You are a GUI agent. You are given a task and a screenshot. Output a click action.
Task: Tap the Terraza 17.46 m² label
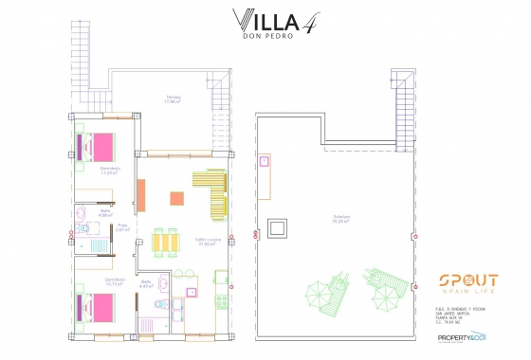[173, 99]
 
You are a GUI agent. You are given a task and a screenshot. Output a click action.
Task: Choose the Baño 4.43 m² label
[146, 283]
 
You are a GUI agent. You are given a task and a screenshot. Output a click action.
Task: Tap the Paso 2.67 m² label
[122, 227]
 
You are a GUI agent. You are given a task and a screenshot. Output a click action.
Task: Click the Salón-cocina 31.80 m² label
[209, 242]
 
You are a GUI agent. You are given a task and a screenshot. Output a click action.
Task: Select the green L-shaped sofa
[212, 189]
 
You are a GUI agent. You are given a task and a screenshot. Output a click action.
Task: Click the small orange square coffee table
[176, 198]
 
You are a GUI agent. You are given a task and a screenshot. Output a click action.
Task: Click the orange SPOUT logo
[467, 279]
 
